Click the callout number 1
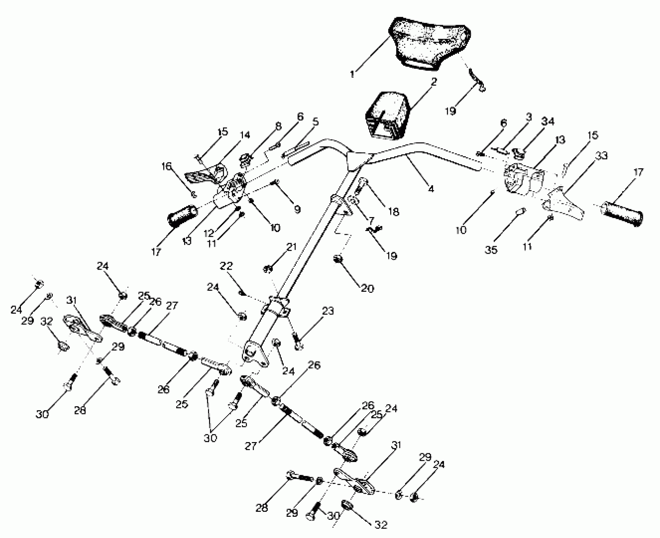tap(352, 74)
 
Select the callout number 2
tap(434, 82)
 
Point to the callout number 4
tap(431, 189)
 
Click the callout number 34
tap(548, 121)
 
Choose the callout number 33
tap(602, 156)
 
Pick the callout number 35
tap(491, 250)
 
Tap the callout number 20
tap(367, 288)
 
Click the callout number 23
tap(328, 311)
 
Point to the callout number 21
tap(292, 247)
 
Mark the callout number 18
tap(393, 211)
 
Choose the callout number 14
tap(245, 135)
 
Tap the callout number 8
tap(278, 126)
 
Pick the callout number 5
tap(315, 122)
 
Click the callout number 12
tap(209, 234)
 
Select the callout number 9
tap(297, 209)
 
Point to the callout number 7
tap(370, 220)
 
